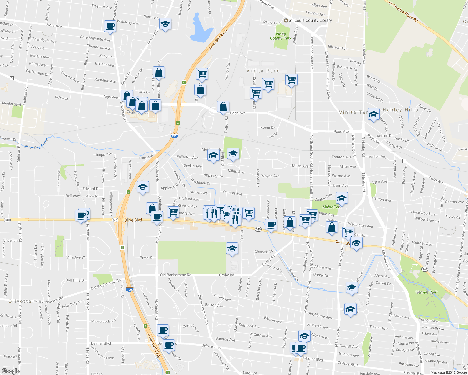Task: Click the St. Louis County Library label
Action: point(310,20)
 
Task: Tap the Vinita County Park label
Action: point(281,36)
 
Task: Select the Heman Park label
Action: point(426,292)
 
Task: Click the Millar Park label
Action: point(332,207)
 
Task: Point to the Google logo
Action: point(10,371)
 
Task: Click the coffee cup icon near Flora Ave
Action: point(110,26)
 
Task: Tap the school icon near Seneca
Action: point(165,24)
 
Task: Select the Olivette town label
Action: point(20,301)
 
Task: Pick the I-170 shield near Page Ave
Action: point(174,136)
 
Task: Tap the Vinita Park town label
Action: point(262,71)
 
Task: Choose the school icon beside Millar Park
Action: point(342,198)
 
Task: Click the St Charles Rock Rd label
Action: point(403,12)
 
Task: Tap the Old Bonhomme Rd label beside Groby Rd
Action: point(175,275)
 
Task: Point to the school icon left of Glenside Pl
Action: point(232,248)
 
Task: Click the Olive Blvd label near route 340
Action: point(133,220)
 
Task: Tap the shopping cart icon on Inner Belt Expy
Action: point(202,74)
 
